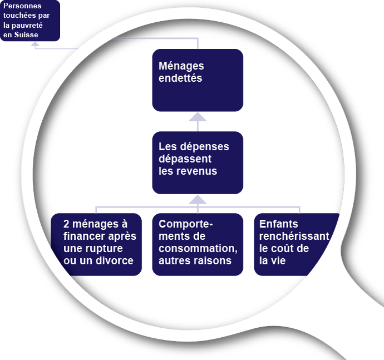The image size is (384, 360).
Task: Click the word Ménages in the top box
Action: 181,66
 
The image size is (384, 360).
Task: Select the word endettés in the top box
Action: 180,78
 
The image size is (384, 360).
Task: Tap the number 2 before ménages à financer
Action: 67,224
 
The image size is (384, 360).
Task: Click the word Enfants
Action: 279,224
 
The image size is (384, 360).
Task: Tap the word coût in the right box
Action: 283,248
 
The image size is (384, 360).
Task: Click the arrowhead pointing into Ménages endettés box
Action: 198,116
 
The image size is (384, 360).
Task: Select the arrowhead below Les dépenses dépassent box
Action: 198,199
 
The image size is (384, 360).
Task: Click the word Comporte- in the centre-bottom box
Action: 186,224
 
